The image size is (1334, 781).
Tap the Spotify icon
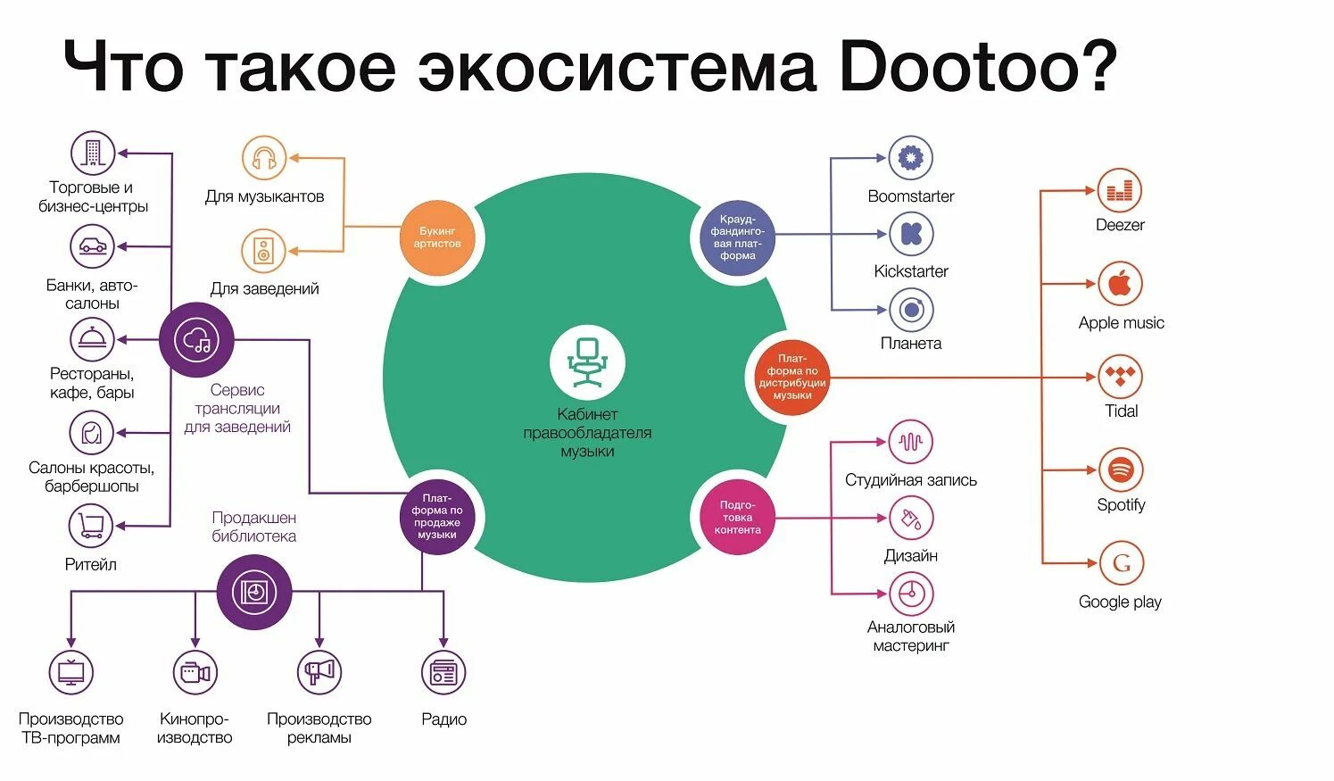(1120, 469)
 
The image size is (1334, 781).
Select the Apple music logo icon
(1120, 285)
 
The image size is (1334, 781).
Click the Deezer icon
(1119, 190)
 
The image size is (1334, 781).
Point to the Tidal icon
(1120, 376)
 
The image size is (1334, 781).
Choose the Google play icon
(1121, 563)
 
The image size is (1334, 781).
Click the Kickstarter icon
(911, 234)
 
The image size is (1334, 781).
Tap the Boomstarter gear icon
(911, 158)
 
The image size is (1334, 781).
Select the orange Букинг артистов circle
(437, 237)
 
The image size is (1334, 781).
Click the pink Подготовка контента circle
(737, 517)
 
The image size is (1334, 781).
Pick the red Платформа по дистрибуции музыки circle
(791, 377)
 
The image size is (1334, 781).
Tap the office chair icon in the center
(587, 361)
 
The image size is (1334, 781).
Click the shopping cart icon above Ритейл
(91, 525)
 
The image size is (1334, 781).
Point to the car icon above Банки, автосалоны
(92, 246)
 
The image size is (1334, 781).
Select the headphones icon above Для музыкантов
(264, 159)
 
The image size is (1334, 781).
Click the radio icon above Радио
(443, 672)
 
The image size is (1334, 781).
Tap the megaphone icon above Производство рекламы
(319, 672)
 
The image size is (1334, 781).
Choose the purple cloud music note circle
(196, 340)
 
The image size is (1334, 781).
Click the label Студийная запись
(910, 480)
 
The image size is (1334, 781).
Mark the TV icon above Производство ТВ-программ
(70, 672)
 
